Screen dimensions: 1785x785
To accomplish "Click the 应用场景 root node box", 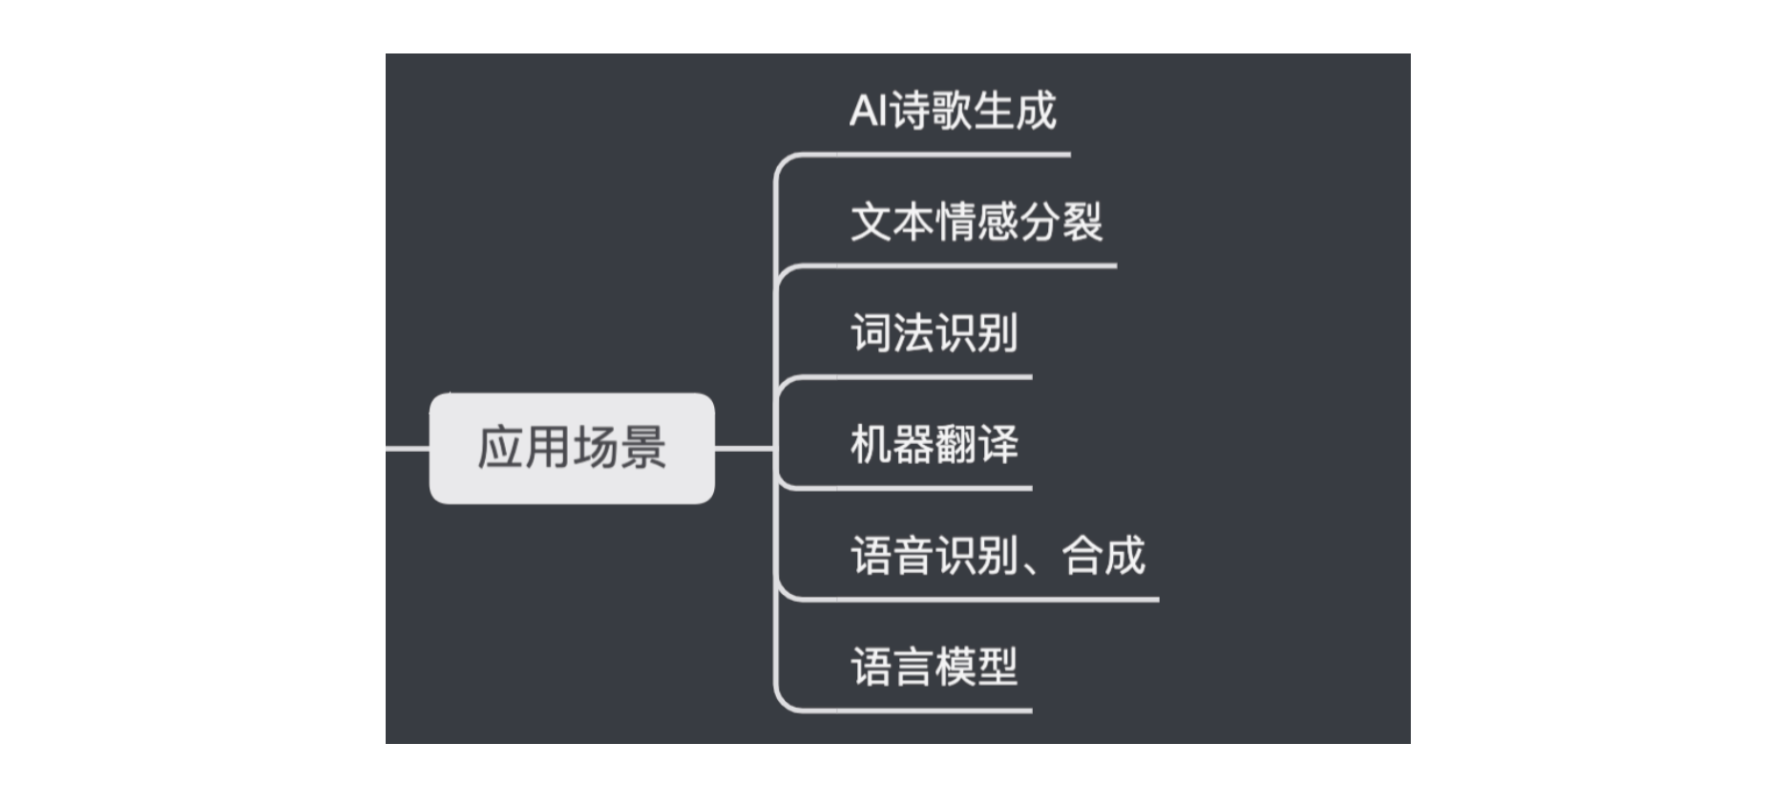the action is click(572, 448).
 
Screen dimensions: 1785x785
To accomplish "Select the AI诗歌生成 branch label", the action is click(953, 111).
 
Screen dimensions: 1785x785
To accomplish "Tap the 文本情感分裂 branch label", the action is click(976, 222).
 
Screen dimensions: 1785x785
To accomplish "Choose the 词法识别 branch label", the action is click(934, 333).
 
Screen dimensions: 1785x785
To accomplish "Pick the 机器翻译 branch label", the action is click(934, 444).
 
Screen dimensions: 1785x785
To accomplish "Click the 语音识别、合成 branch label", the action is click(997, 556).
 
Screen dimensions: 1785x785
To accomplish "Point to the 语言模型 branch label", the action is click(934, 667).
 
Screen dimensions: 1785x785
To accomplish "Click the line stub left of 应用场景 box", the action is click(408, 448).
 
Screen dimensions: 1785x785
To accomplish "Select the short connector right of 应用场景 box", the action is click(745, 448).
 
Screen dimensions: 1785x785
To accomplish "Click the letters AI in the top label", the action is click(868, 111).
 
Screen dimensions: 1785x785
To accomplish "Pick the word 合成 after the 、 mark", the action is click(1103, 556).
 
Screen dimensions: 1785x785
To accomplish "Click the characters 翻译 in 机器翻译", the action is click(977, 444).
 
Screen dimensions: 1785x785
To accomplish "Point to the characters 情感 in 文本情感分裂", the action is click(976, 222).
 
